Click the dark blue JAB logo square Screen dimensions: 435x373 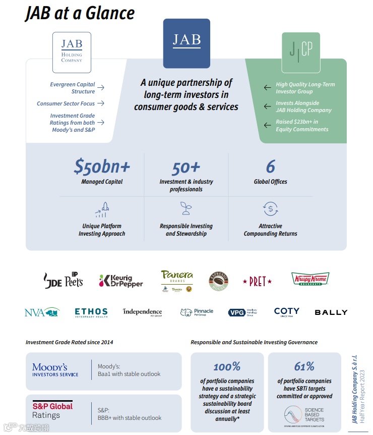pos(186,43)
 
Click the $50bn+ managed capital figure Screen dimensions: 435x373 pos(102,167)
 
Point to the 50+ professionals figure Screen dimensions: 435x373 pos(186,167)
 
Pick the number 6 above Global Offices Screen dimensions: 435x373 pos(271,167)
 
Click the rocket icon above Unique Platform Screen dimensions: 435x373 pos(102,209)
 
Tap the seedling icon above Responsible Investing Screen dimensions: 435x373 pos(186,208)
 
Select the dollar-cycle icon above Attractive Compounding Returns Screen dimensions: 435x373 pos(271,208)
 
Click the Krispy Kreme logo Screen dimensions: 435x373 pos(310,279)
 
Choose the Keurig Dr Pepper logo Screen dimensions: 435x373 pos(121,281)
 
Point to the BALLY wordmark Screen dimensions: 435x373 pos(331,312)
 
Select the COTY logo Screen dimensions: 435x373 pos(287,312)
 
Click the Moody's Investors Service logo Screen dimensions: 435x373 pos(55,370)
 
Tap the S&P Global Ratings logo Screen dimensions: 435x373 pos(52,410)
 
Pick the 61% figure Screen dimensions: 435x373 pos(304,366)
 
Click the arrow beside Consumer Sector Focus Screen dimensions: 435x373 pos(101,103)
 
